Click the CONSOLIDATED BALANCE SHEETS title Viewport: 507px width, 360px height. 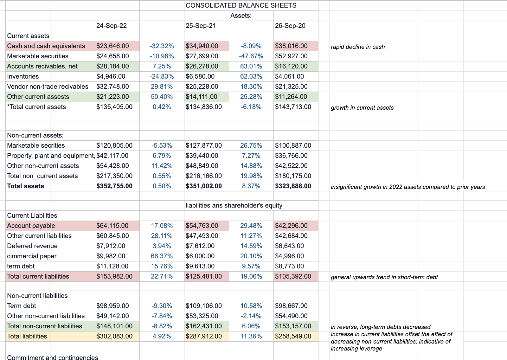coord(241,5)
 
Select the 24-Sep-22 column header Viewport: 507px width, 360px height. coord(112,26)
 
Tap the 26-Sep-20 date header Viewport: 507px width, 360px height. coord(290,26)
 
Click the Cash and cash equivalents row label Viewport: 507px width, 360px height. coord(46,46)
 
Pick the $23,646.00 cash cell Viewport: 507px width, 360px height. coord(112,46)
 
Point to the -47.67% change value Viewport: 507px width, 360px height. coord(251,56)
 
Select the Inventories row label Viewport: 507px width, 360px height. coord(23,76)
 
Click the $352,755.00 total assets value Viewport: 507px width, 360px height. coord(114,186)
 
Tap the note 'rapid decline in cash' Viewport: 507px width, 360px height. coord(358,47)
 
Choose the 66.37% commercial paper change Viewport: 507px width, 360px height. coord(162,256)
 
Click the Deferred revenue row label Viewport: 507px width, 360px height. coord(32,246)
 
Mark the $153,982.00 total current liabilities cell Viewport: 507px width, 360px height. coord(114,276)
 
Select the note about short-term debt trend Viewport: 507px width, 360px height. coord(384,277)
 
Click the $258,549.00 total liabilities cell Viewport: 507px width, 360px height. coord(293,336)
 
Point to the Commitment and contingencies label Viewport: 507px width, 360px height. coord(52,357)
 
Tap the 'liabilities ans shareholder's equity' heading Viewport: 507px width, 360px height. coord(234,205)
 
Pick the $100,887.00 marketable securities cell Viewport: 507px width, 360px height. coord(293,145)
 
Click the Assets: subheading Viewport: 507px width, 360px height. coord(241,16)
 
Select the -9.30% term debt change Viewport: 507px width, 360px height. coord(162,306)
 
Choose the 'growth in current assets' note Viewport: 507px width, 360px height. coord(362,108)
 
